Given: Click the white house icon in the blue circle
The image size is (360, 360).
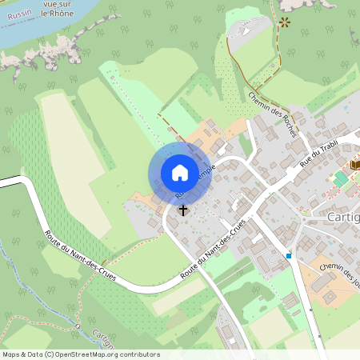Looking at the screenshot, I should coord(180,173).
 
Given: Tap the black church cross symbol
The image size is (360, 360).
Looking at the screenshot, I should coord(183,210).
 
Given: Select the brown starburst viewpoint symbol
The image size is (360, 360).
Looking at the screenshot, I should coord(284,22).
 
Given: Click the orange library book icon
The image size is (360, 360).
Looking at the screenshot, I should coord(355,164).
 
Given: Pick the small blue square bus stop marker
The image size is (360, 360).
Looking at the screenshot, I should coord(289,256).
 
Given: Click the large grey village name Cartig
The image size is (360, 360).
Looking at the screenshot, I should coord(344,218).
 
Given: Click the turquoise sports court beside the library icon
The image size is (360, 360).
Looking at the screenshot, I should coord(341,179).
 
